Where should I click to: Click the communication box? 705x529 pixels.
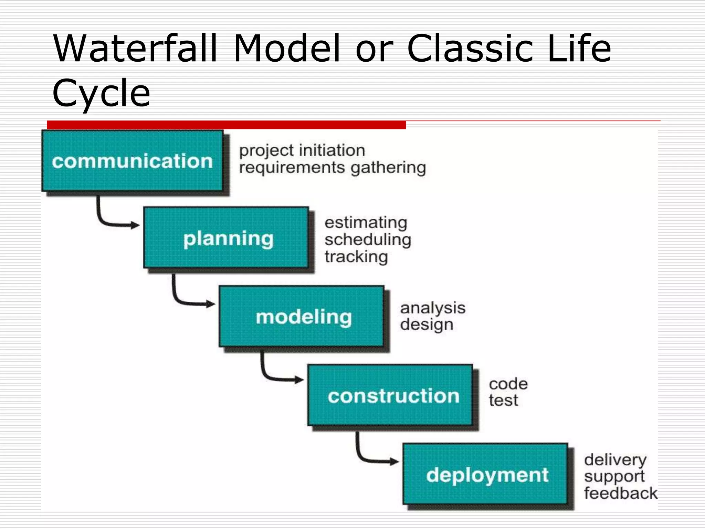point(133,161)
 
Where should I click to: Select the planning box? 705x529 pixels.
point(226,238)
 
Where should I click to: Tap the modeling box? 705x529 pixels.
point(302,316)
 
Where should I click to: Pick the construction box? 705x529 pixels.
point(390,395)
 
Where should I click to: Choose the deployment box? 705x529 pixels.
point(485,474)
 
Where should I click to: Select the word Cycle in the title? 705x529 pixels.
point(101,92)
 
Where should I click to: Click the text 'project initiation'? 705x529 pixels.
point(302,151)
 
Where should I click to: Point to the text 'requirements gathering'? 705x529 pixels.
point(333,168)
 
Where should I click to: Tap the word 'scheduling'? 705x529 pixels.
point(368,239)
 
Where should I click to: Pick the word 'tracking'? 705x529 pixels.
point(356,257)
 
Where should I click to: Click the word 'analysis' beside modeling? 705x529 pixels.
point(432,308)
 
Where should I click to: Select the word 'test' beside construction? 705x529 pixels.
point(503,400)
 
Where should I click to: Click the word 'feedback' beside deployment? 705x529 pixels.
point(620,493)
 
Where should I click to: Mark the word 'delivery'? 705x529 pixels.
point(615,460)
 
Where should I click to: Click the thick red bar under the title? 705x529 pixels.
point(226,125)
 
